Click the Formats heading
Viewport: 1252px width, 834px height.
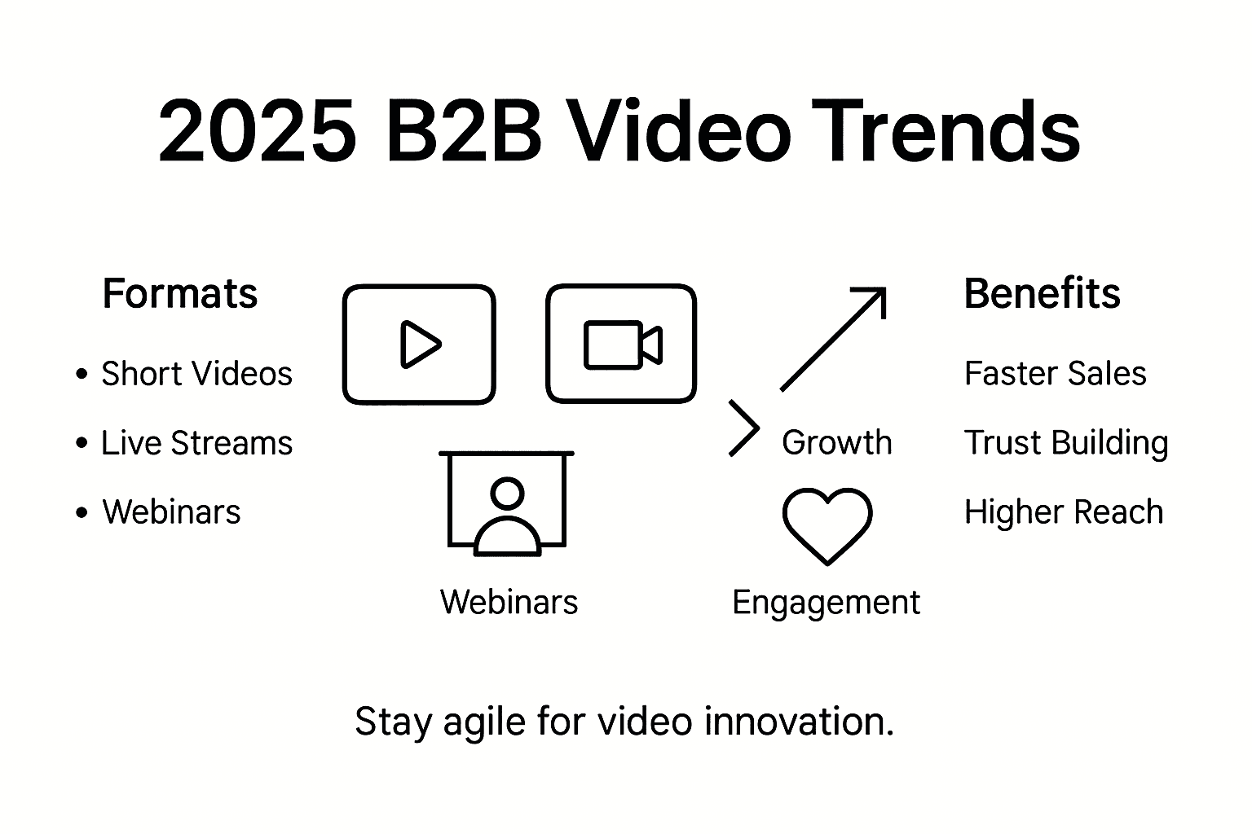[x=179, y=293]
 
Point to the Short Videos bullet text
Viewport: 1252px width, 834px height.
[x=196, y=374]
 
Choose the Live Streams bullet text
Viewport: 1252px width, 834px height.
[x=196, y=443]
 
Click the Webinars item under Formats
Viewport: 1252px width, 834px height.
[x=171, y=512]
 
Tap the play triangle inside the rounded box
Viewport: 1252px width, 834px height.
[x=419, y=345]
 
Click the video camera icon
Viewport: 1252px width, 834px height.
[x=622, y=345]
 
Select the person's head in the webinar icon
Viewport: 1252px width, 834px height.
[x=507, y=493]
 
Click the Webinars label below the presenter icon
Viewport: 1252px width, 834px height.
[x=509, y=603]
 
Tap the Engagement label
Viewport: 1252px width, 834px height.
[x=826, y=603]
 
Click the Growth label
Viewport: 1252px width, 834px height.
[x=836, y=443]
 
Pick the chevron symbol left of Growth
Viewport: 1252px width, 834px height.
[x=743, y=428]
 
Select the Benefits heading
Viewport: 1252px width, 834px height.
[x=1042, y=293]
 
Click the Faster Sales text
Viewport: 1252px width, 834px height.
[x=1055, y=374]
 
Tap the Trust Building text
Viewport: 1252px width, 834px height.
[x=1065, y=443]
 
